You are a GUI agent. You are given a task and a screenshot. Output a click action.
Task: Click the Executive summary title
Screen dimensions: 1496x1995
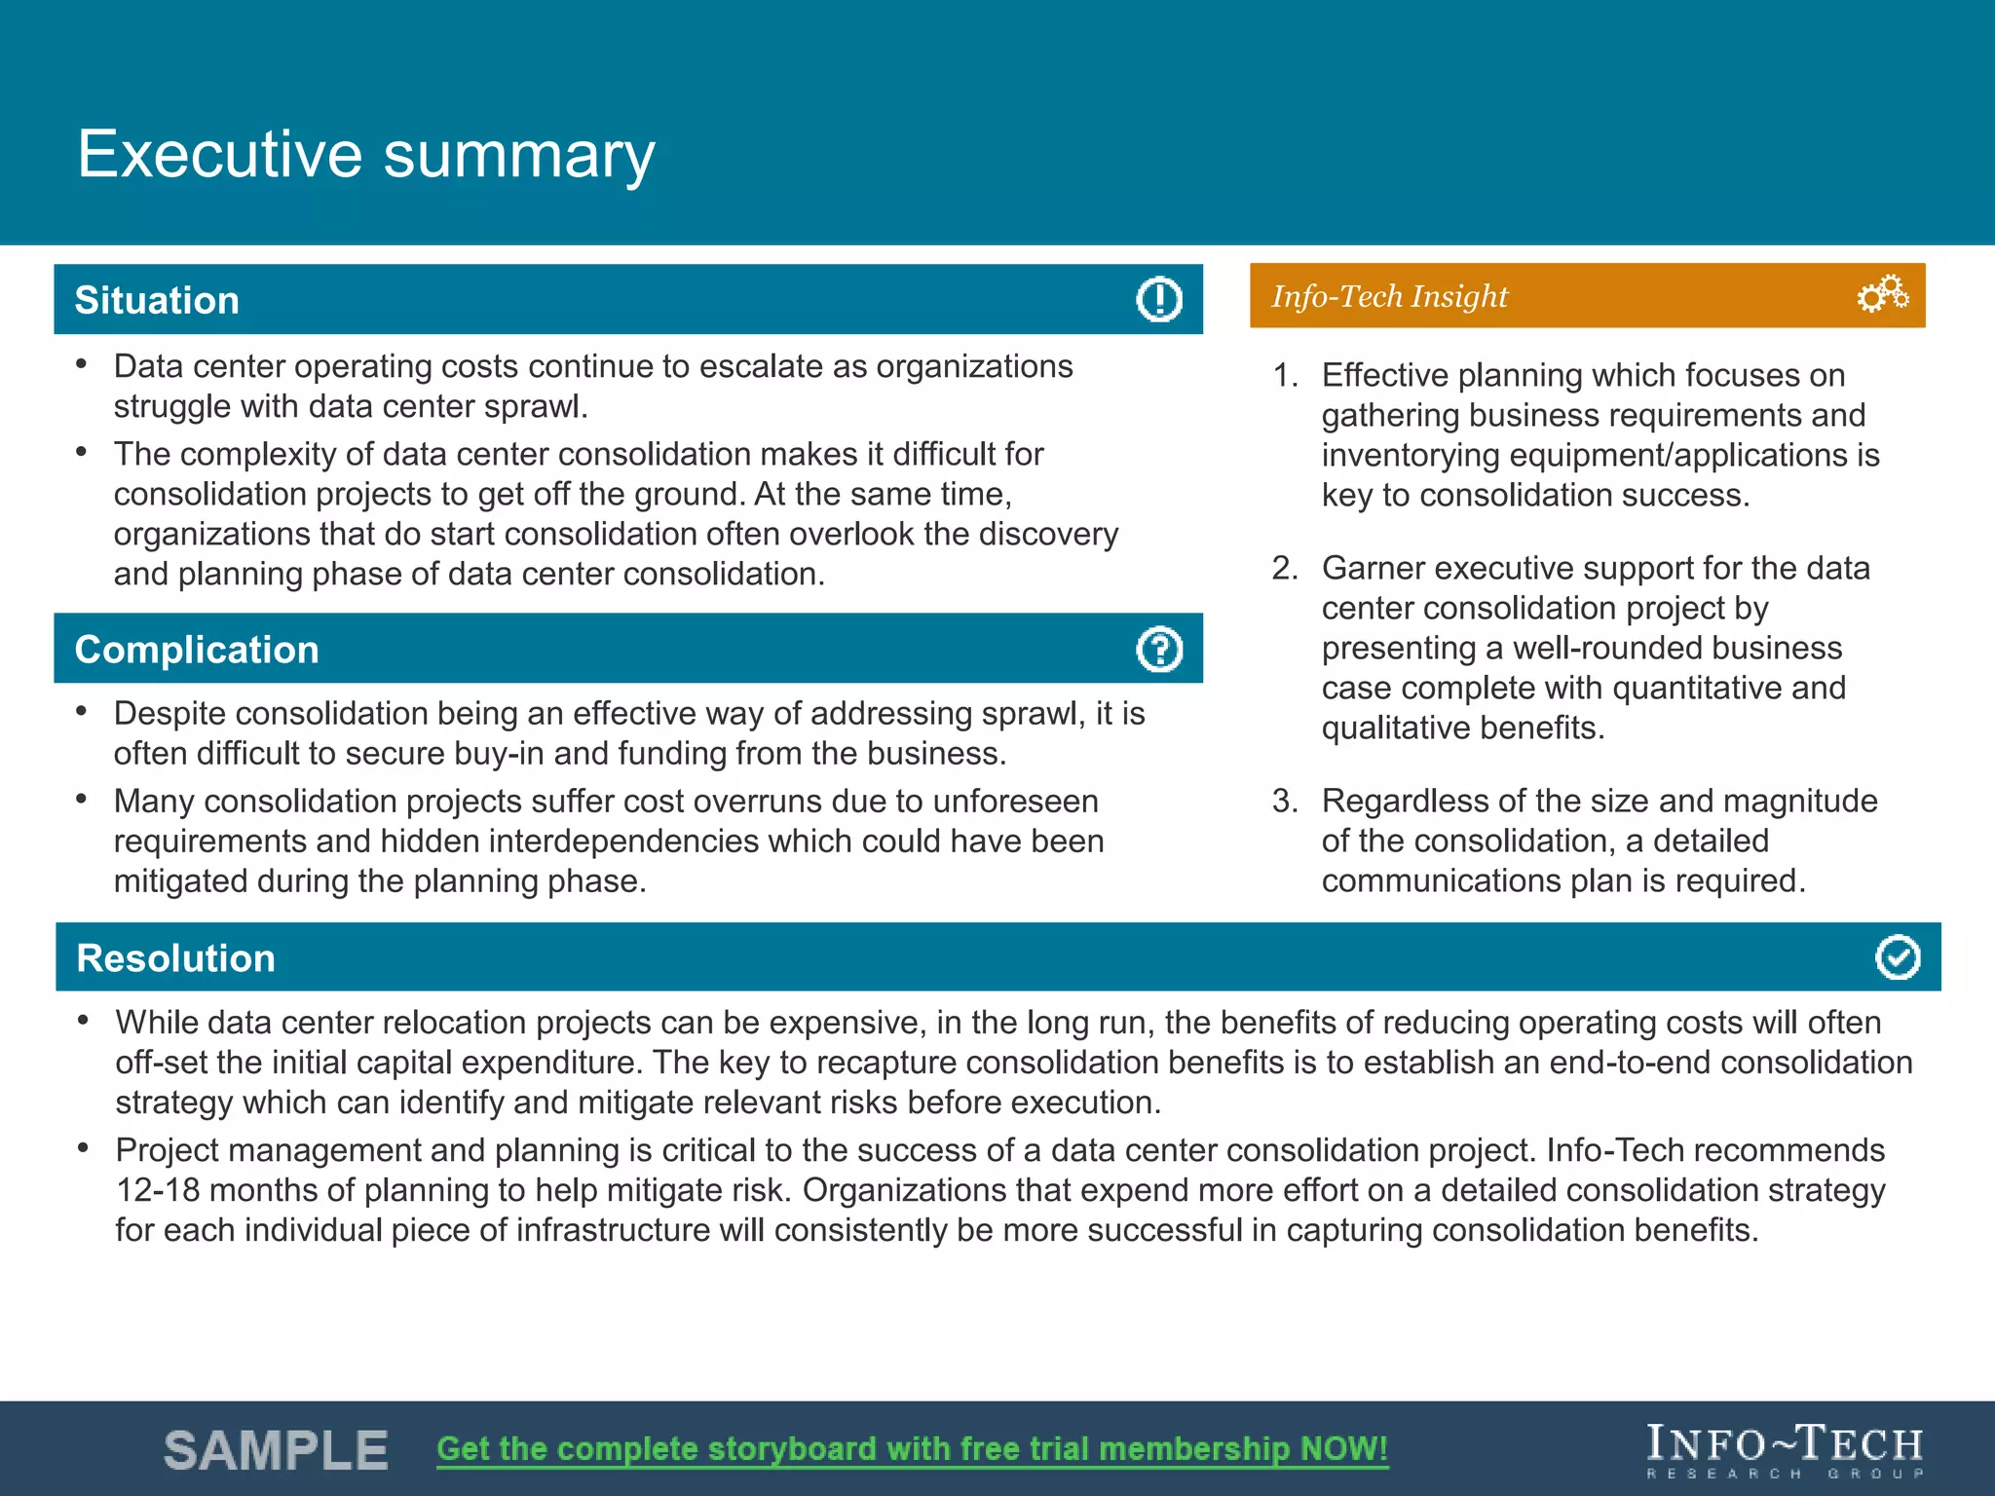click(x=365, y=154)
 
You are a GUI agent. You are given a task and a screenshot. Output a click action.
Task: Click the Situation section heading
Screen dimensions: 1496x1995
click(x=157, y=300)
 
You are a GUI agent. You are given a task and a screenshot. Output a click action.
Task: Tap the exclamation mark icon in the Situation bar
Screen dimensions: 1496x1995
click(x=1158, y=299)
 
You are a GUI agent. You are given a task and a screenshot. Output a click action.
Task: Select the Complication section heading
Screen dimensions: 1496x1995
click(x=197, y=650)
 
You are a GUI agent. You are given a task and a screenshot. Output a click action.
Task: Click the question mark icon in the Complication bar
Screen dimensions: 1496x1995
click(x=1158, y=649)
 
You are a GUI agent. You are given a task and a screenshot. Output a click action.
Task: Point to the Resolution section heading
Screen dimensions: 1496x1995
click(x=175, y=958)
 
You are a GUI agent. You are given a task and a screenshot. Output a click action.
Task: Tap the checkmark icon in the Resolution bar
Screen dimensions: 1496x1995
click(x=1897, y=957)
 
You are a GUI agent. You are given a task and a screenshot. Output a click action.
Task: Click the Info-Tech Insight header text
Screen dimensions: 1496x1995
click(x=1388, y=296)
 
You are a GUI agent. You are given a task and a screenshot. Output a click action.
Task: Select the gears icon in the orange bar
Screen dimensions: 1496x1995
click(x=1882, y=294)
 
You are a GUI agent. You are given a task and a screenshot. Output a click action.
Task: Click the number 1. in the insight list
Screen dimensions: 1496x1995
click(x=1285, y=376)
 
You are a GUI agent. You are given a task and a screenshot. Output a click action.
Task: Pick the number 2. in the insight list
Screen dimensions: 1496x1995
click(x=1285, y=569)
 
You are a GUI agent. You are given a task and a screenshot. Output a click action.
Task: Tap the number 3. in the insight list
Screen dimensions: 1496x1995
click(x=1285, y=802)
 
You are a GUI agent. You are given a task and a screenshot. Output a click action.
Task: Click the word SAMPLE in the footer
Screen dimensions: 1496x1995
click(x=276, y=1450)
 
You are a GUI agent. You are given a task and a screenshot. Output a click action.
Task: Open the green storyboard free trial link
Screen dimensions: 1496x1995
click(x=912, y=1449)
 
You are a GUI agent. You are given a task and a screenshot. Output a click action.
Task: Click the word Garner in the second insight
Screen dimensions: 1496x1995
click(x=1373, y=569)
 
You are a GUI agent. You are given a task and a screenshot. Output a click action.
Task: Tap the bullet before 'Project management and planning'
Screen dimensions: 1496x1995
click(x=84, y=1148)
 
